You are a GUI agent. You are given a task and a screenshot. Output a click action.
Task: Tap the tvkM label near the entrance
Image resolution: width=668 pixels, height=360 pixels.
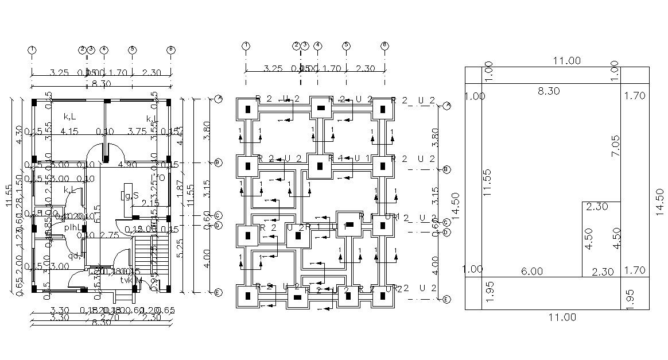(131, 280)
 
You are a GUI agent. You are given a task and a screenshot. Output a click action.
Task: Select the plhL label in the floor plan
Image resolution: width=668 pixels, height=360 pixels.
(73, 227)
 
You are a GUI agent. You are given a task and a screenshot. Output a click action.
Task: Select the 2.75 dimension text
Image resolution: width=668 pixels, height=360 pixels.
(108, 235)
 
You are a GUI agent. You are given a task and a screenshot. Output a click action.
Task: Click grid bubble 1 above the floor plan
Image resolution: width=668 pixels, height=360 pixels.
(32, 50)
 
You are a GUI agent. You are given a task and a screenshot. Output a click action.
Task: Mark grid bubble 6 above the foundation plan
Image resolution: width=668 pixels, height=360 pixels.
(385, 45)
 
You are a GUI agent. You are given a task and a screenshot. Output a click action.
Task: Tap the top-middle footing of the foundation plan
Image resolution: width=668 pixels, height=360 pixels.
(321, 108)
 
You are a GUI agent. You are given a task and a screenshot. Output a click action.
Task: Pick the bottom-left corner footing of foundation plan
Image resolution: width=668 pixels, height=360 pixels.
(248, 297)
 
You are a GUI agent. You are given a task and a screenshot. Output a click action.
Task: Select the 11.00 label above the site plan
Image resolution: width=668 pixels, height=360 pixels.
(566, 60)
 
